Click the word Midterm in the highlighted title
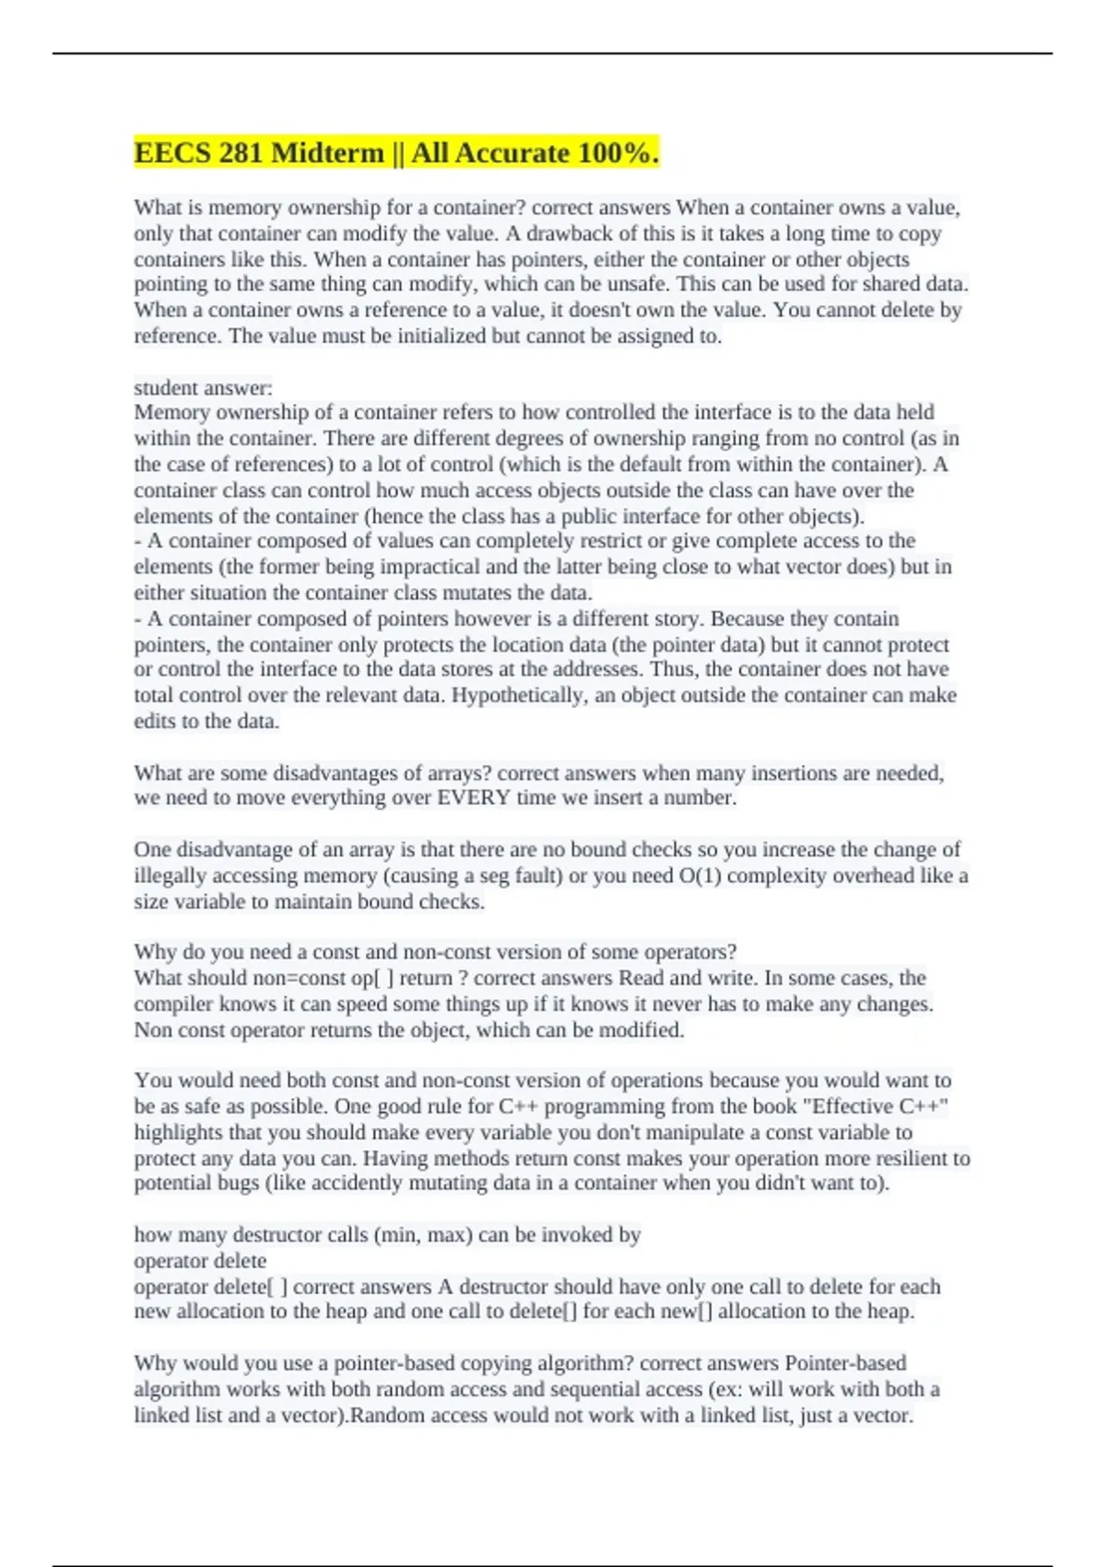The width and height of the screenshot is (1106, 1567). click(327, 153)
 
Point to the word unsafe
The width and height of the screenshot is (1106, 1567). click(641, 285)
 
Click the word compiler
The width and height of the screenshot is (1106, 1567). click(175, 1004)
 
